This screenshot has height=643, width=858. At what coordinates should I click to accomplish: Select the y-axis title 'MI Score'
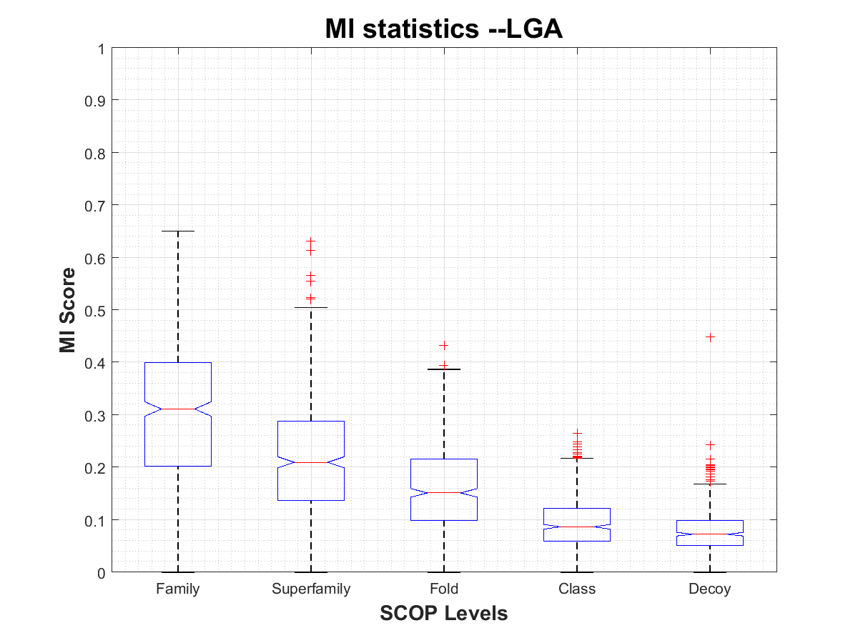coord(68,310)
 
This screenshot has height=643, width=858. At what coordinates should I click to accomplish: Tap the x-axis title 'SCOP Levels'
coord(444,613)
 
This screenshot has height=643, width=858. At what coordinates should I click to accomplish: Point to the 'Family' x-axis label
coord(178,589)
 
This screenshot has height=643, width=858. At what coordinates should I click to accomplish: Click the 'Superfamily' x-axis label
coord(311,589)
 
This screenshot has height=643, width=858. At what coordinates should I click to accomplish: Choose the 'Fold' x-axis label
coord(444,589)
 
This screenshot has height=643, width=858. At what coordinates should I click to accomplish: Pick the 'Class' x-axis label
coord(577,589)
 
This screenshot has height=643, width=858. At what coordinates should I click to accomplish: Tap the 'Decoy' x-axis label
coord(710,589)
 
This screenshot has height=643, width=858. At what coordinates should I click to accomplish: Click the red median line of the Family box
coord(178,409)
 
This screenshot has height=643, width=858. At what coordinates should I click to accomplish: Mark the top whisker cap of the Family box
coord(178,231)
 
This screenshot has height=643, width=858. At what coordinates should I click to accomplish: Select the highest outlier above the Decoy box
coord(710,337)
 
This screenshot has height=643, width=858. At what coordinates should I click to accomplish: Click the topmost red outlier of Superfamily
coord(311,241)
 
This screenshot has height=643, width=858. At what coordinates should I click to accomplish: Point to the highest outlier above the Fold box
coord(444,345)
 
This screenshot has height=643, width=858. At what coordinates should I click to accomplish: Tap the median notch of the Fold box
coord(444,492)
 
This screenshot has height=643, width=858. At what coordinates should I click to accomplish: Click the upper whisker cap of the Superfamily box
coord(311,307)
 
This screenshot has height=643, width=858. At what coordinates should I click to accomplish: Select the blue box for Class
coord(577,524)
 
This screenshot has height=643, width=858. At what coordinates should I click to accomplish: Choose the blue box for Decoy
coord(710,532)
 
